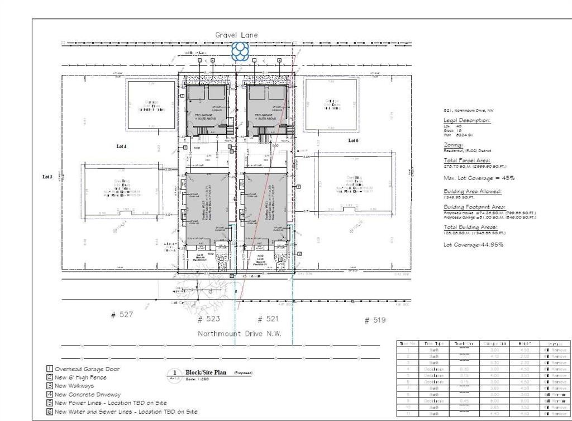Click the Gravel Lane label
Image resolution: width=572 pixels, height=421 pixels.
(x=237, y=35)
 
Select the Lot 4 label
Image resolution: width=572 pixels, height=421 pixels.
(x=121, y=146)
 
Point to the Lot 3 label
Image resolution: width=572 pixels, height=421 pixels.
(x=47, y=177)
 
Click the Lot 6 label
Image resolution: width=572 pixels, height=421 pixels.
(x=353, y=140)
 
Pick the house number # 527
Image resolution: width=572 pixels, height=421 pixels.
(x=122, y=315)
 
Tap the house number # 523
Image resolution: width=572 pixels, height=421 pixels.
(x=209, y=319)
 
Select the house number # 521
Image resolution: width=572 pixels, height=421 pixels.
(x=268, y=319)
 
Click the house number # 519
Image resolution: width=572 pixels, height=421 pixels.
(x=375, y=320)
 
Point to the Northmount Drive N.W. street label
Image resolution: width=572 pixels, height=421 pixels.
(x=240, y=334)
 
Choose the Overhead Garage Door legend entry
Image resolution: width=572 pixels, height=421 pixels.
(x=87, y=369)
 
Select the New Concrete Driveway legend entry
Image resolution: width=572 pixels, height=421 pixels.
(x=91, y=395)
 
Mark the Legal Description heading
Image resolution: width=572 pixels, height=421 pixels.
(x=467, y=121)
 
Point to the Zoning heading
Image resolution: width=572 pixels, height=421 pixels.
(x=453, y=145)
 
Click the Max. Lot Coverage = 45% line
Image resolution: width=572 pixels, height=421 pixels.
(x=479, y=178)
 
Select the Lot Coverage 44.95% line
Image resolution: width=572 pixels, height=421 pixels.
(x=473, y=244)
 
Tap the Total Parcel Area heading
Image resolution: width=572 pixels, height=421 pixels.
(x=466, y=160)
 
